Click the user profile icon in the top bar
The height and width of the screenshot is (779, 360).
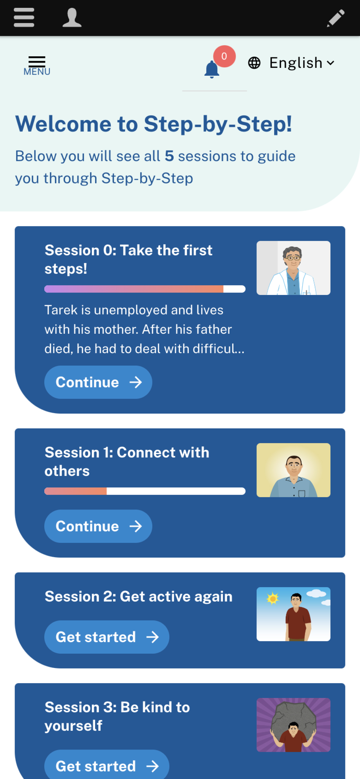coord(72,18)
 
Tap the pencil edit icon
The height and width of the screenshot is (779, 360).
coord(336,18)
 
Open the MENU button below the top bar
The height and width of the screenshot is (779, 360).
coord(37,66)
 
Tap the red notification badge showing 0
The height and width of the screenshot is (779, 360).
coord(224,56)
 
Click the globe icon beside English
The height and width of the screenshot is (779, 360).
coord(254,63)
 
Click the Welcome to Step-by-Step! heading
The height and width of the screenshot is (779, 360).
coord(154,124)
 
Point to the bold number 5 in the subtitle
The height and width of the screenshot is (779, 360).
coord(169,156)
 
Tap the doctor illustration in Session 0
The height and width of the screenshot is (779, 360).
coord(294,268)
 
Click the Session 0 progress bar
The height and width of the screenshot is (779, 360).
coord(145,289)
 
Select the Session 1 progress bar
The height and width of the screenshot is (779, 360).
coord(145,491)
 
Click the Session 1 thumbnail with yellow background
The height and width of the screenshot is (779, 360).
coord(294,470)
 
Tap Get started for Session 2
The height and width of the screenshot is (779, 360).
coord(107,637)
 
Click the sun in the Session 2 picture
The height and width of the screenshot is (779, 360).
coord(273,598)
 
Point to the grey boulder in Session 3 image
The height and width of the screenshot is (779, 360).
coord(294,718)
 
